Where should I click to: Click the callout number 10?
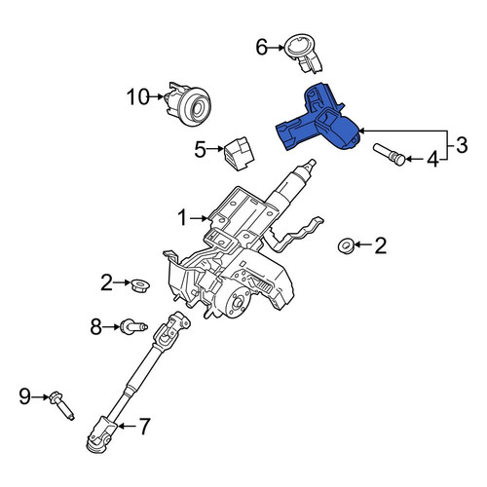pyautogui.click(x=137, y=96)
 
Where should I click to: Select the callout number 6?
pyautogui.click(x=262, y=48)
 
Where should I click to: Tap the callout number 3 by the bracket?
pyautogui.click(x=462, y=145)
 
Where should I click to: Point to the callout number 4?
pyautogui.click(x=432, y=160)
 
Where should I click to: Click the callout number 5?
pyautogui.click(x=201, y=149)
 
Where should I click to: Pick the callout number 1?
pyautogui.click(x=183, y=218)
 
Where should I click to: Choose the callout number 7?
pyautogui.click(x=144, y=426)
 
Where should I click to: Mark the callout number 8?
pyautogui.click(x=96, y=326)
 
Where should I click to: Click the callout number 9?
pyautogui.click(x=25, y=396)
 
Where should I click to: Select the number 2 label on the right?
pyautogui.click(x=381, y=245)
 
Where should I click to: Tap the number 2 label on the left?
pyautogui.click(x=106, y=282)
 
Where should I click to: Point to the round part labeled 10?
pyautogui.click(x=189, y=103)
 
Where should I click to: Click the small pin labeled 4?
pyautogui.click(x=390, y=154)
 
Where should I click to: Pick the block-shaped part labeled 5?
pyautogui.click(x=239, y=153)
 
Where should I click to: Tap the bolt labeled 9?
pyautogui.click(x=61, y=405)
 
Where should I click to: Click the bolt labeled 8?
pyautogui.click(x=133, y=326)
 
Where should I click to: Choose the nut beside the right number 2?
pyautogui.click(x=346, y=245)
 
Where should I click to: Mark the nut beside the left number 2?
pyautogui.click(x=140, y=285)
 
